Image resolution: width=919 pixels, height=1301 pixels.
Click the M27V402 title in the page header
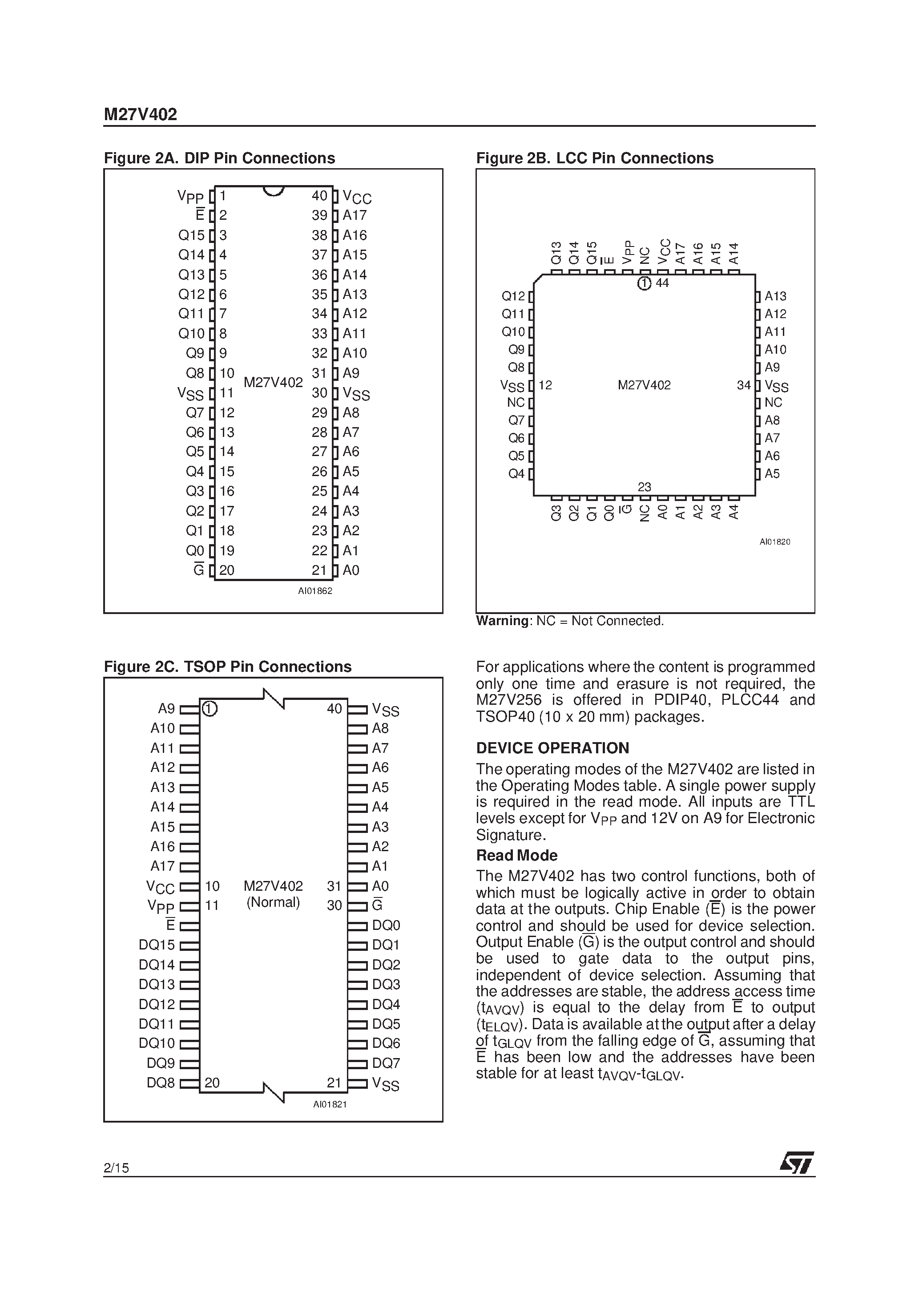(140, 114)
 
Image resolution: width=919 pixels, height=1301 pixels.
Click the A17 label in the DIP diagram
(355, 215)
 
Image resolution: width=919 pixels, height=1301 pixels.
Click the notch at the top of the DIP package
(273, 191)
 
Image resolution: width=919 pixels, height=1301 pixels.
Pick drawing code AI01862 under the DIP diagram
(315, 591)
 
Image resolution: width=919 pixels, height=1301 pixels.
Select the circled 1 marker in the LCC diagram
(644, 283)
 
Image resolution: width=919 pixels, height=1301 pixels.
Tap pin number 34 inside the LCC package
(743, 385)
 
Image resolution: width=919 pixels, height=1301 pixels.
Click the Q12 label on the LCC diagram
(513, 296)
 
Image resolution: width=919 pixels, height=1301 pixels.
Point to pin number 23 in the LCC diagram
(644, 487)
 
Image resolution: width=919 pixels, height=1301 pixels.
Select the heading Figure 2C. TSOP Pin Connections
(228, 667)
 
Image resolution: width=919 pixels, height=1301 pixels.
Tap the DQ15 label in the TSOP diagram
(157, 945)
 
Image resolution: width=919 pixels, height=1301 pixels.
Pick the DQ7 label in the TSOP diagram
(386, 1063)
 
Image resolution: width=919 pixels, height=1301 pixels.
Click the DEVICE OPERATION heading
(552, 748)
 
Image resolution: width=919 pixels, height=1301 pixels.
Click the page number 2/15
(116, 1168)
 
